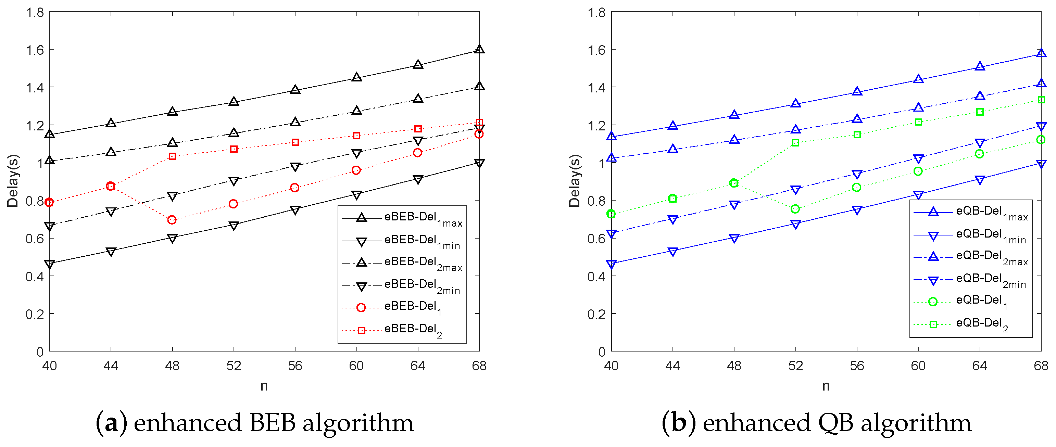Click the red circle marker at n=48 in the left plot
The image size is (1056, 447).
(172, 220)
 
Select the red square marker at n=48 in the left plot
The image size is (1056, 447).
(173, 156)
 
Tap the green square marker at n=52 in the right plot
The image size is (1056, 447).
(796, 143)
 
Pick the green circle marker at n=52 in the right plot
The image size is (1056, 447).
(795, 209)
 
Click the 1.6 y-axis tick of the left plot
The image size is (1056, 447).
(35, 50)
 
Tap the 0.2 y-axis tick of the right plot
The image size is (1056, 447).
(596, 314)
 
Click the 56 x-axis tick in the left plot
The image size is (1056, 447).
(295, 366)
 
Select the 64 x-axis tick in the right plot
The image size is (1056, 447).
(979, 366)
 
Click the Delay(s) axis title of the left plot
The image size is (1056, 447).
(13, 181)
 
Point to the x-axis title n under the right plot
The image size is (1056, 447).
(826, 386)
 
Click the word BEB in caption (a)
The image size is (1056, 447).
(272, 423)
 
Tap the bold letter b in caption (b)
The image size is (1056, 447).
(679, 423)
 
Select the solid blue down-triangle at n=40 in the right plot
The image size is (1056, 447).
(611, 265)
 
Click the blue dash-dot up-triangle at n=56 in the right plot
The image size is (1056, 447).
(857, 119)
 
